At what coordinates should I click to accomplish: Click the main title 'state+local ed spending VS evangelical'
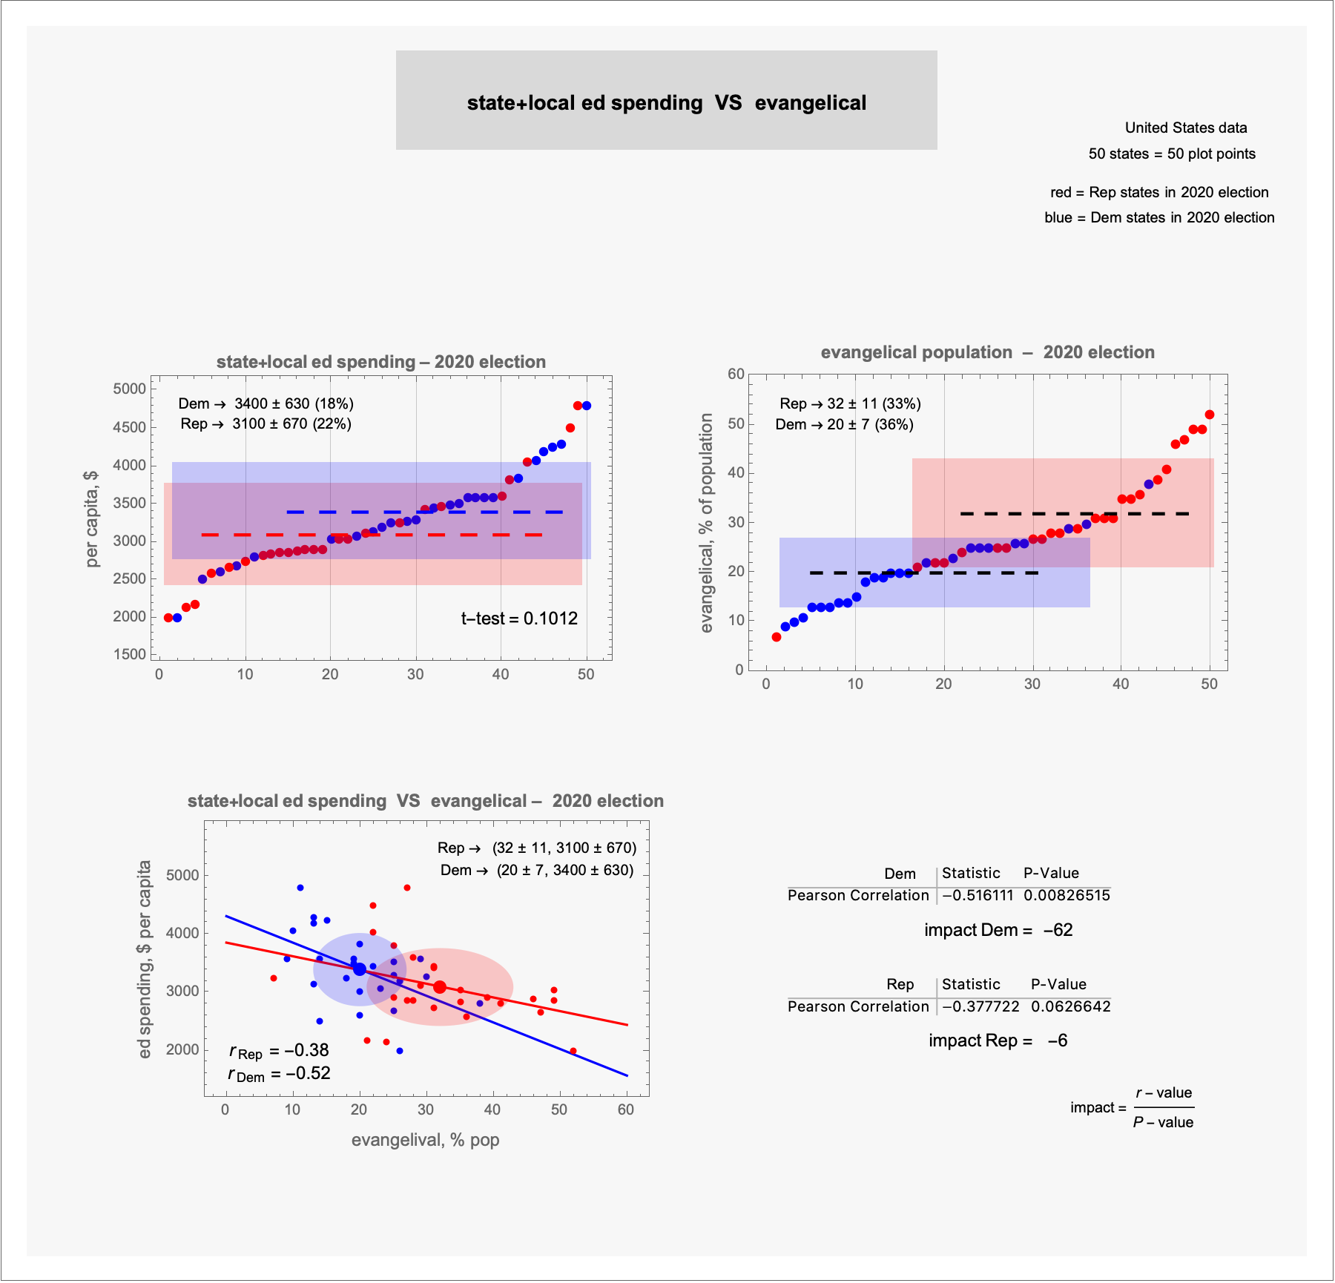[666, 103]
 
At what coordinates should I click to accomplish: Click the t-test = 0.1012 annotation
[519, 619]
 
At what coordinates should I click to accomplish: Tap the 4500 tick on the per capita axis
[130, 427]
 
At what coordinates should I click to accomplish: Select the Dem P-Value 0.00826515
[1067, 895]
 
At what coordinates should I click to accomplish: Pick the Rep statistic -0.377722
[980, 1006]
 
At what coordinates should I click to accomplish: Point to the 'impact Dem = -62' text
[998, 930]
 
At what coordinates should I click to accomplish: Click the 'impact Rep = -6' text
[998, 1040]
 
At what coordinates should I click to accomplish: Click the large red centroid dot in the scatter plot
[440, 987]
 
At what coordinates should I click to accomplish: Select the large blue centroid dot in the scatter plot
[360, 969]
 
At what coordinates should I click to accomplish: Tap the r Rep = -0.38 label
[279, 1051]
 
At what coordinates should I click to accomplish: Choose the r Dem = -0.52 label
[279, 1074]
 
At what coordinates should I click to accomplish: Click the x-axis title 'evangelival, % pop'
[425, 1140]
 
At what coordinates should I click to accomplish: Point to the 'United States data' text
[1186, 128]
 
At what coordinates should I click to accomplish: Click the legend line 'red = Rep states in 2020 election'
[1159, 192]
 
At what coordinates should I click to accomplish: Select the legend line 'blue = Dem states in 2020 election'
[1159, 217]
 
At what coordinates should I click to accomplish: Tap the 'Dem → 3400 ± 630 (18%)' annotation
[266, 403]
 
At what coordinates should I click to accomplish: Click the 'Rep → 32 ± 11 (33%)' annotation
[850, 403]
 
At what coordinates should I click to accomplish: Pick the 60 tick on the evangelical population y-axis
[736, 374]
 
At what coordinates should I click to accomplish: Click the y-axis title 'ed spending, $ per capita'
[145, 959]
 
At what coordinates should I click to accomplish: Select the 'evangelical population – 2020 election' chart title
[987, 352]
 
